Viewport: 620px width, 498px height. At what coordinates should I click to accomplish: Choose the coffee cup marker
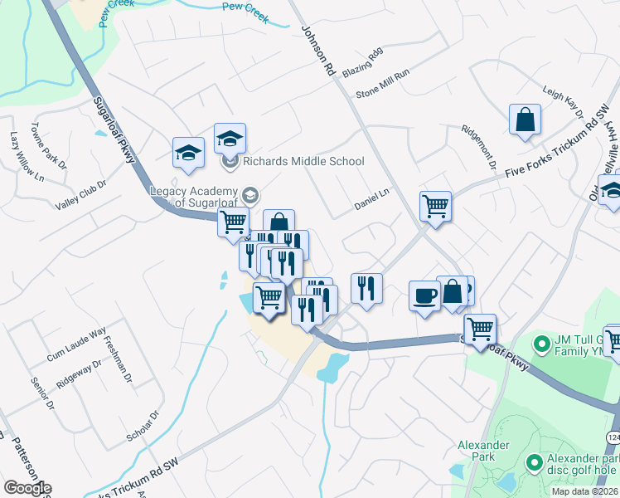425,296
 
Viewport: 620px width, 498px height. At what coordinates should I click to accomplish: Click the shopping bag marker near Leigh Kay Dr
526,120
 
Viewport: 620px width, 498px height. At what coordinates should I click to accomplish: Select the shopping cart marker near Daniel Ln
435,205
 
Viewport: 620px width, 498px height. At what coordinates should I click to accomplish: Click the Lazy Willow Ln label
25,155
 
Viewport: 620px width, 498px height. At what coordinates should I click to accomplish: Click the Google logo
27,488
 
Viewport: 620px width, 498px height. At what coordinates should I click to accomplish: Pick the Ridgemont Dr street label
480,148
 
